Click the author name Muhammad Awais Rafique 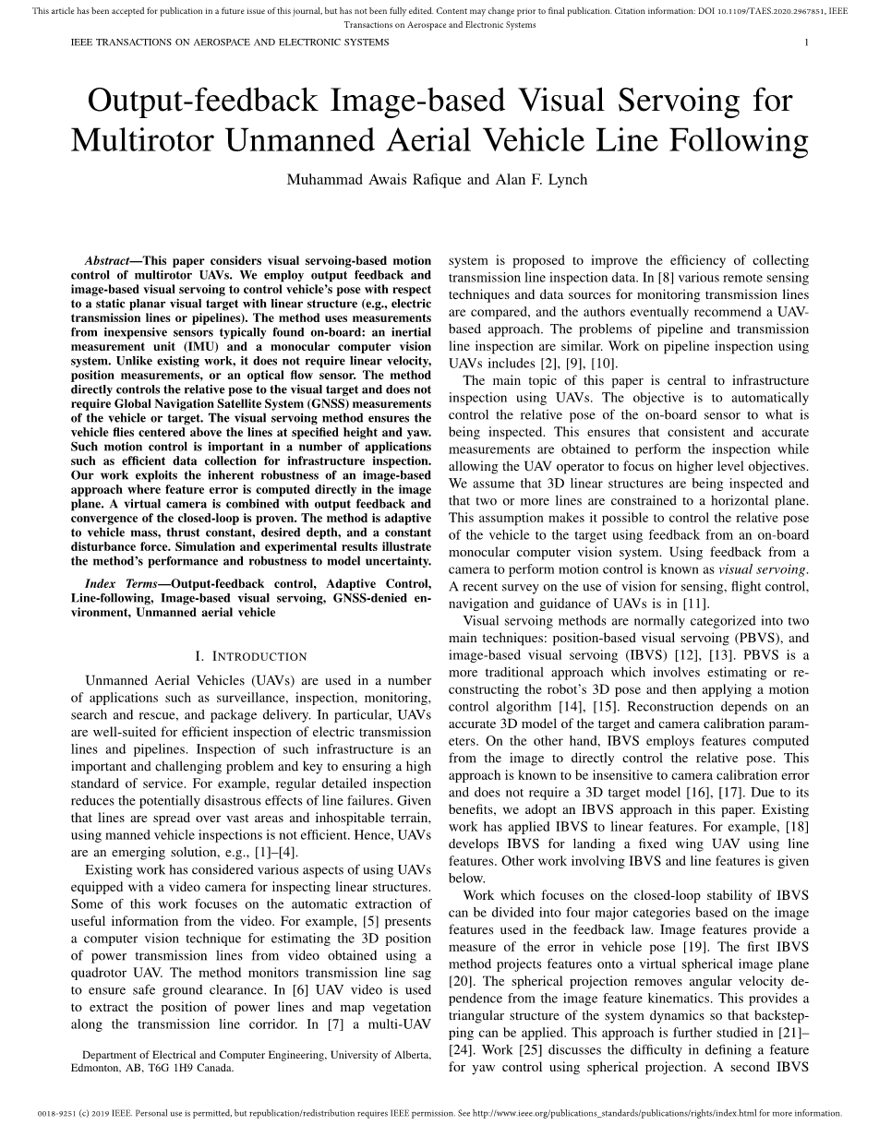pyautogui.click(x=374, y=179)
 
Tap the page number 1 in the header pyautogui.click(x=806, y=42)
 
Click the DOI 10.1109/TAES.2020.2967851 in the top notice pyautogui.click(x=747, y=12)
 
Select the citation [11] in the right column pyautogui.click(x=696, y=604)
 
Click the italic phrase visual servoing pyautogui.click(x=762, y=569)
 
